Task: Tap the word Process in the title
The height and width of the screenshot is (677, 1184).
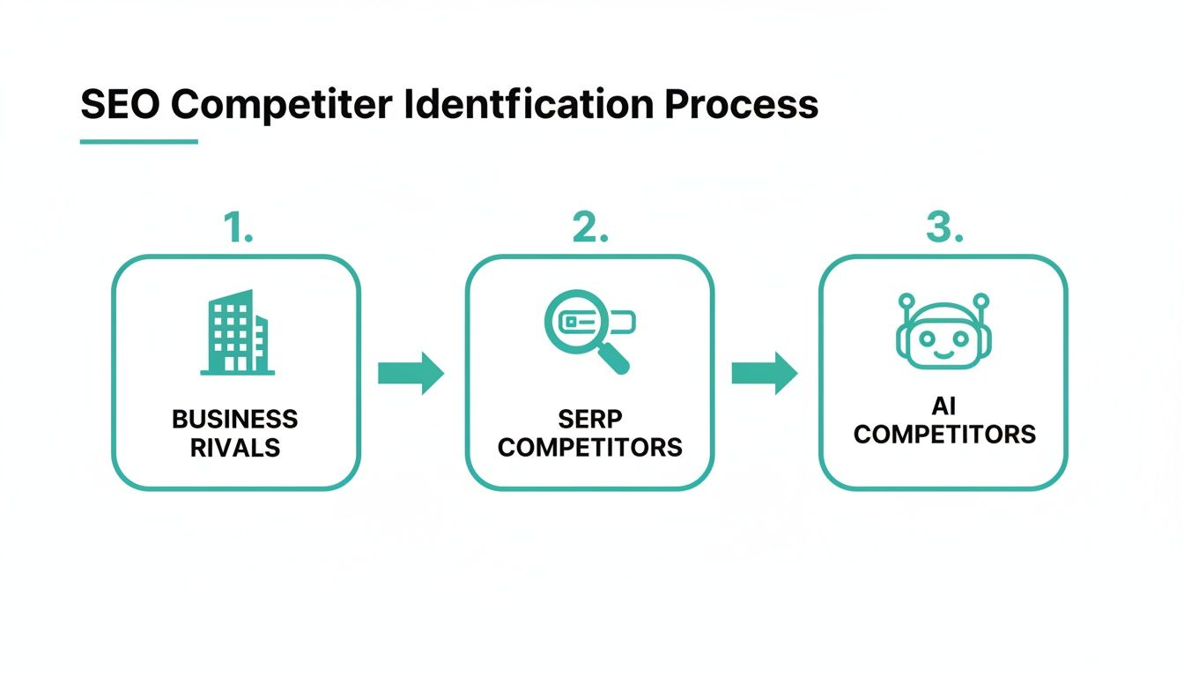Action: click(x=741, y=104)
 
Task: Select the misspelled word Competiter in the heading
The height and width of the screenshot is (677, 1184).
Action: click(x=280, y=104)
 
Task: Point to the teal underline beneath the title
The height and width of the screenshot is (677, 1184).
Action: click(x=138, y=141)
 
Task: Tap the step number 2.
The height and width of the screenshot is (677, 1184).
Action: click(x=589, y=228)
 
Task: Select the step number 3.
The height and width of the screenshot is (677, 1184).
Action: click(x=943, y=228)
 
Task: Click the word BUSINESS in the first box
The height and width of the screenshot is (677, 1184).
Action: click(x=235, y=419)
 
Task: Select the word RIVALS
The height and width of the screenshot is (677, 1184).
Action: click(x=235, y=447)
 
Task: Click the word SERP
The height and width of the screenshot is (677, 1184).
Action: click(x=589, y=419)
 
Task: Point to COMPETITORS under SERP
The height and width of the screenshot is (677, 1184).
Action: click(x=589, y=447)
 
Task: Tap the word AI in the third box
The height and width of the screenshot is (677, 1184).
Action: click(x=943, y=406)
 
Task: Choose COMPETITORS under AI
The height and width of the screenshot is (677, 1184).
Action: click(x=943, y=435)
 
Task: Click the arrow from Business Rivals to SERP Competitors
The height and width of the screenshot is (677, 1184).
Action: click(x=411, y=373)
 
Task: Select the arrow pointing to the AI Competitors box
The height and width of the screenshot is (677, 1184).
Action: click(x=764, y=373)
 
